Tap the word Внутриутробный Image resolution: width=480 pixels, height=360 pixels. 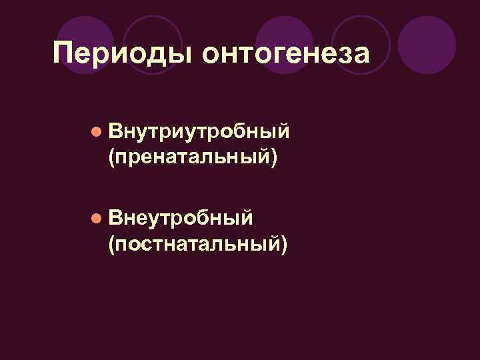pos(199,132)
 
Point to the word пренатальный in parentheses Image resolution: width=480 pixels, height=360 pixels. pos(191,158)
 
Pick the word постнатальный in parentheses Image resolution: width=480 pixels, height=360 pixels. pos(198,244)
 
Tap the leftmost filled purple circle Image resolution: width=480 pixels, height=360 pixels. pos(85,40)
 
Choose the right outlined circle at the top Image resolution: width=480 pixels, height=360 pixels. pos(361,40)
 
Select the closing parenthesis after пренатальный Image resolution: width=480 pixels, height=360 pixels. pos(273,159)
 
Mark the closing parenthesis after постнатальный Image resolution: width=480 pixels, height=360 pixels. pos(286,245)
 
